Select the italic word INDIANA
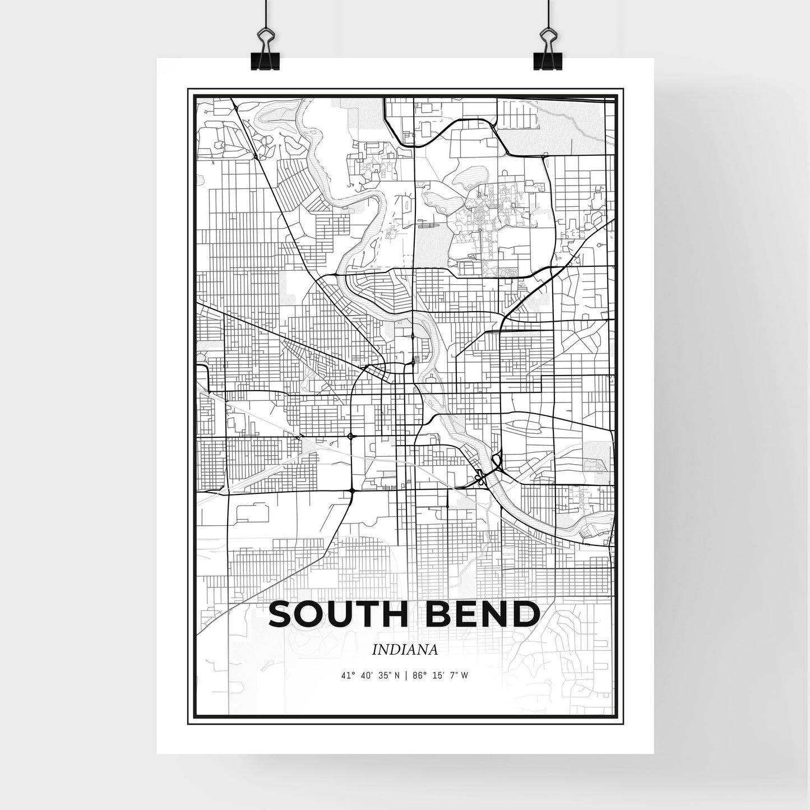tap(404, 649)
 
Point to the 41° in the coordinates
tap(348, 675)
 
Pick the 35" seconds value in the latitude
tap(383, 675)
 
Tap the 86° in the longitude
tap(417, 675)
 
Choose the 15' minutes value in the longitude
tap(434, 675)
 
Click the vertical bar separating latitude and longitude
tap(405, 675)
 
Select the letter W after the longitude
tap(464, 675)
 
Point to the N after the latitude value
tap(396, 675)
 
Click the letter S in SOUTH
tap(282, 614)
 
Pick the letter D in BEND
tap(527, 614)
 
